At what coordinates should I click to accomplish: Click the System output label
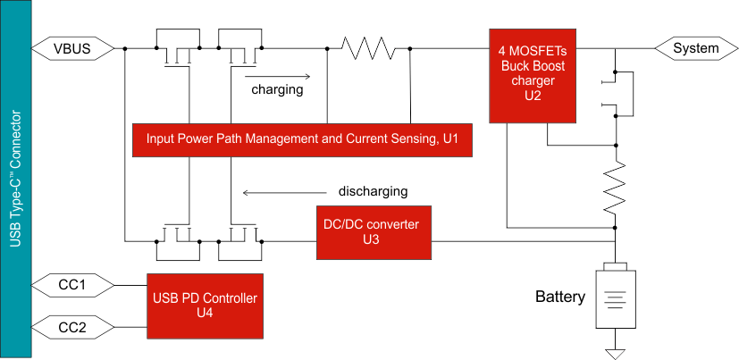[694, 48]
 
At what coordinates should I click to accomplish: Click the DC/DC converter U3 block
[372, 231]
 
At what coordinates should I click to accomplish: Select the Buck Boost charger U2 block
[533, 75]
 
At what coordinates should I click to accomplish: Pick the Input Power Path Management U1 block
[302, 139]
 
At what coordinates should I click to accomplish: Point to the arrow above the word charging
[278, 76]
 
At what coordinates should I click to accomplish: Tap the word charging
[277, 89]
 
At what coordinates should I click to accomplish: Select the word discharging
[374, 191]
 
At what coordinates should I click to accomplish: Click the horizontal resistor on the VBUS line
[368, 48]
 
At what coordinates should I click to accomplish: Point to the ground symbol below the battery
[615, 352]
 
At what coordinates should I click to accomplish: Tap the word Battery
[560, 297]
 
